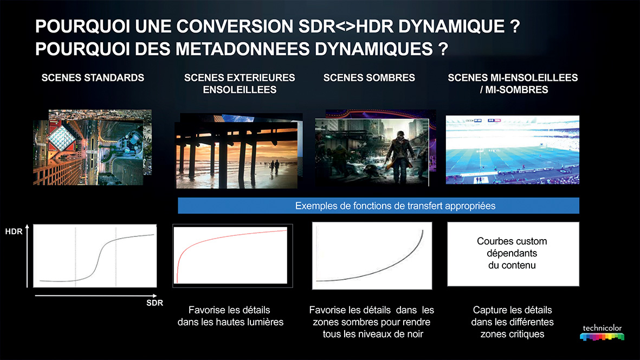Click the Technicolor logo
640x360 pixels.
[602, 333]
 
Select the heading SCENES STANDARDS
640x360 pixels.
[93, 78]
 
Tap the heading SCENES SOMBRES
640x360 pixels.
[369, 78]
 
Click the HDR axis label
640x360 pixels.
[14, 232]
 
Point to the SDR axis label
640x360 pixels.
[154, 303]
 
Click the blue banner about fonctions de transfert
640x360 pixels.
[378, 205]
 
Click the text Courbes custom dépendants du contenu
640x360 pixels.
[512, 253]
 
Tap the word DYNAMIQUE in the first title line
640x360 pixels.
[451, 27]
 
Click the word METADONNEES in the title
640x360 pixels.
[242, 49]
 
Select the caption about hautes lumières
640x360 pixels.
[230, 316]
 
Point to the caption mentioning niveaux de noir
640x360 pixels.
[371, 322]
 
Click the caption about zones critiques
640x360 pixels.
[512, 322]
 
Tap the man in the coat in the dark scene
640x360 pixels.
[399, 155]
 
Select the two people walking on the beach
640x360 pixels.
[274, 168]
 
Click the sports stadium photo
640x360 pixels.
[512, 150]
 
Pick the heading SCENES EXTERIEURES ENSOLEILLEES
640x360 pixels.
[240, 83]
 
